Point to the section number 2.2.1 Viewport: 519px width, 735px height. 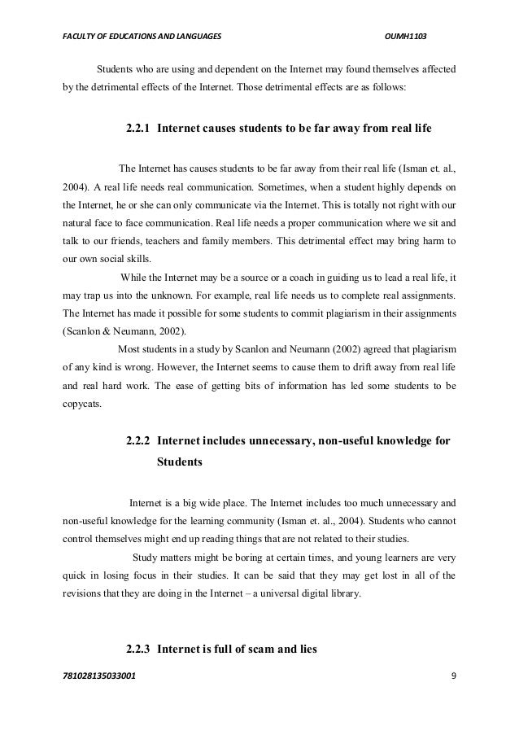click(138, 129)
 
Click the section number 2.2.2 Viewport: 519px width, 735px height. click(138, 441)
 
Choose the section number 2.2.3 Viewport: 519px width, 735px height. click(138, 650)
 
